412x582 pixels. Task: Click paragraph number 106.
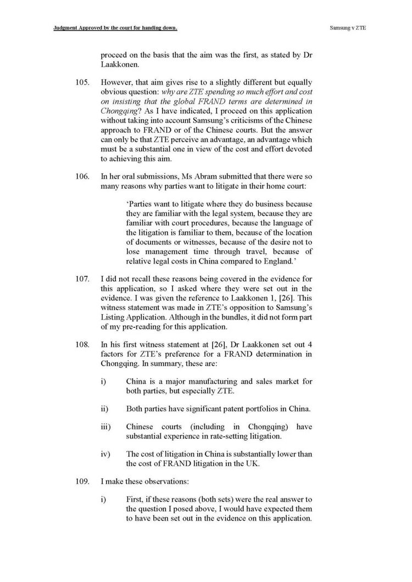coord(82,176)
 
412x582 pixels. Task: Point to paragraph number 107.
coord(82,279)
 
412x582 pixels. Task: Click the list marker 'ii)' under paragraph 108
coord(104,408)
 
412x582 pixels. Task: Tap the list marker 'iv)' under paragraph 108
coord(105,454)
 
